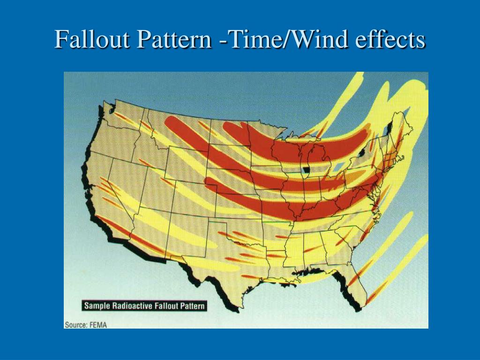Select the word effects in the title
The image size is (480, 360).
point(390,40)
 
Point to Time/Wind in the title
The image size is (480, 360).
point(285,40)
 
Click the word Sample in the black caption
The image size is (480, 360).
point(97,306)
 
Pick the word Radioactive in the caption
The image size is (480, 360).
point(133,306)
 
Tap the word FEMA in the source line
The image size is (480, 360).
point(99,324)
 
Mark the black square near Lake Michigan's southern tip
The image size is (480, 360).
point(307,170)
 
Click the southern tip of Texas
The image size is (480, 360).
point(239,307)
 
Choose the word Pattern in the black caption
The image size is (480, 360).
point(191,306)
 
